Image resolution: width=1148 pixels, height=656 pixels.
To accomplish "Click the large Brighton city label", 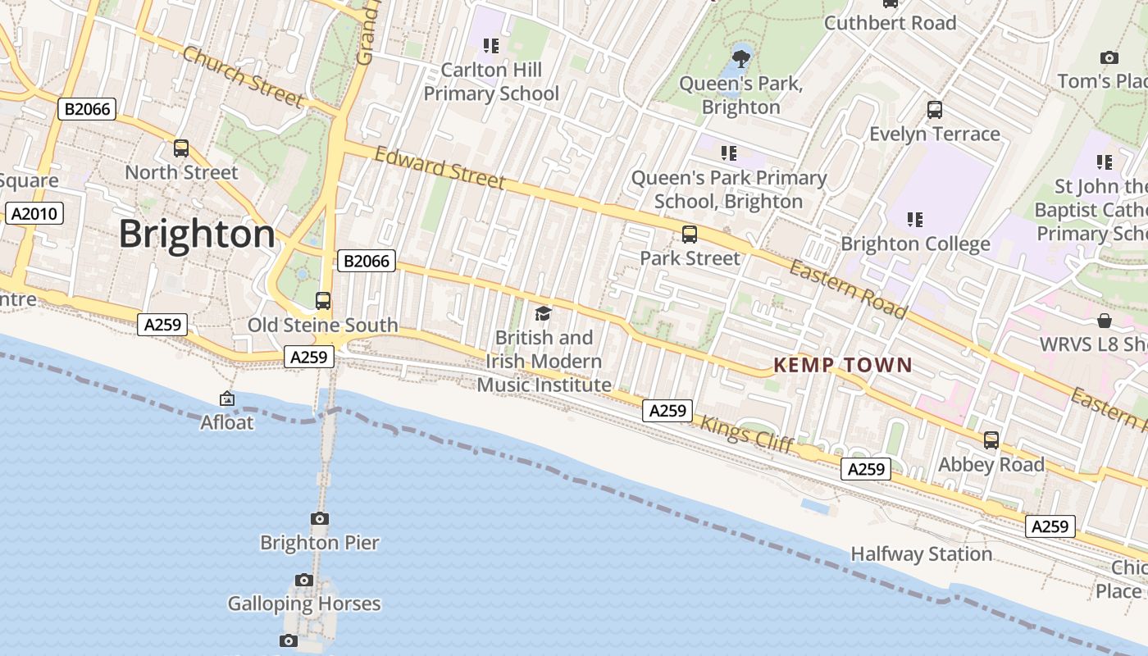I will pos(197,235).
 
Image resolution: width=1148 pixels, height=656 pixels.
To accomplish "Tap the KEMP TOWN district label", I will pos(843,366).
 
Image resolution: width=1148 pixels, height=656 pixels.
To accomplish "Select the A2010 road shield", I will pos(34,214).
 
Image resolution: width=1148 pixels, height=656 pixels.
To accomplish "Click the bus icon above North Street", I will pos(181,148).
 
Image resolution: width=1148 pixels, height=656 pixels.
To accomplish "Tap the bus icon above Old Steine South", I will pos(323,301).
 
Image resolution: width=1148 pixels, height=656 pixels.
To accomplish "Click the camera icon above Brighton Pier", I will pos(320,518).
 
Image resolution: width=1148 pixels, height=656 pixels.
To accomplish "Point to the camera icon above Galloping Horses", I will pos(304,580).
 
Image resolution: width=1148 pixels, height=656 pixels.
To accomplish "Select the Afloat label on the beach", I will pos(227,422).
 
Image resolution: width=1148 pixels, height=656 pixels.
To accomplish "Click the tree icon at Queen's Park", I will pos(740,58).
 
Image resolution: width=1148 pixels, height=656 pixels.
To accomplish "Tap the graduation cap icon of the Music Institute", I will pos(543,313).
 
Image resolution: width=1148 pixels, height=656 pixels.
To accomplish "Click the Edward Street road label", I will pos(440,167).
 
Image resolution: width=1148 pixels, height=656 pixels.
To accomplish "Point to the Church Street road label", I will pos(243,76).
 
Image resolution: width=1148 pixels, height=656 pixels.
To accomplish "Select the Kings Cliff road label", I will pos(746,433).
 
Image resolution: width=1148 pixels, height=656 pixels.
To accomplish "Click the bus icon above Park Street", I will pos(690,235).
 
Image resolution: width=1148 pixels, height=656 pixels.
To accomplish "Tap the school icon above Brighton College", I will pos(915,219).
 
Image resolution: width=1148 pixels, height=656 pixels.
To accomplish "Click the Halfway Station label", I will pos(921,554).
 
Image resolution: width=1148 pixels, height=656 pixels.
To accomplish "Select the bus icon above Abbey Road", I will pos(991,440).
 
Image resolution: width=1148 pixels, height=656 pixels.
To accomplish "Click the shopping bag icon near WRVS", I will pos(1105,321).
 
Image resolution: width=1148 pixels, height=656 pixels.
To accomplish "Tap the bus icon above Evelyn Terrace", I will pos(934,110).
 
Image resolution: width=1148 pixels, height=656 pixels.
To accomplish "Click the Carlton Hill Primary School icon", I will pos(490,45).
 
